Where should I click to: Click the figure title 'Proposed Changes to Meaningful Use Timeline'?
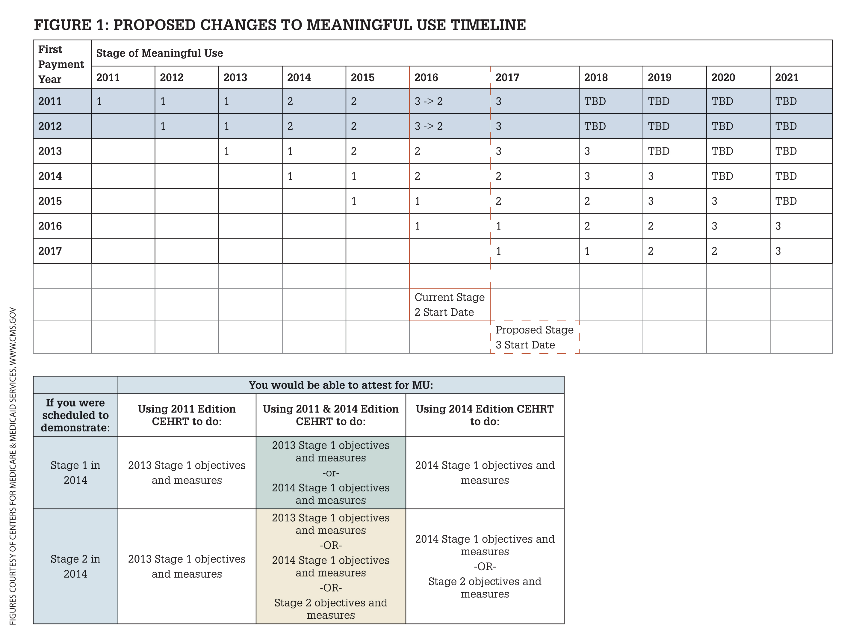pos(280,25)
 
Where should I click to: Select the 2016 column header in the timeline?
pos(426,78)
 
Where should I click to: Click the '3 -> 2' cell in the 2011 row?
pos(428,101)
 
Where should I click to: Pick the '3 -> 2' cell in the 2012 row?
pos(428,126)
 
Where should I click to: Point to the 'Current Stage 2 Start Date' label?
pos(450,305)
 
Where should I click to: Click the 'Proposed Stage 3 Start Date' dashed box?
pos(534,337)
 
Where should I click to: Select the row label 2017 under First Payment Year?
pos(50,251)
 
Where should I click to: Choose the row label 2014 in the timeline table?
pos(50,176)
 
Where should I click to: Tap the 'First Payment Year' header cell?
pos(61,64)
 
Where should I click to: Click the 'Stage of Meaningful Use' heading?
pos(160,53)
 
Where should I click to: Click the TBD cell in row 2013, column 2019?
pos(658,151)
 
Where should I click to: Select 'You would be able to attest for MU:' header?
pos(341,385)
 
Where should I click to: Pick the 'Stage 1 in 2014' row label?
pos(75,473)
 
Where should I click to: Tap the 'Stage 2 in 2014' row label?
pos(75,566)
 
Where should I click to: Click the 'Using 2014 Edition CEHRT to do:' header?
pos(485,415)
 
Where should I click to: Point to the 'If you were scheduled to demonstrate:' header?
pos(75,415)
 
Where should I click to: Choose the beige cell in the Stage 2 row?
pos(331,566)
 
